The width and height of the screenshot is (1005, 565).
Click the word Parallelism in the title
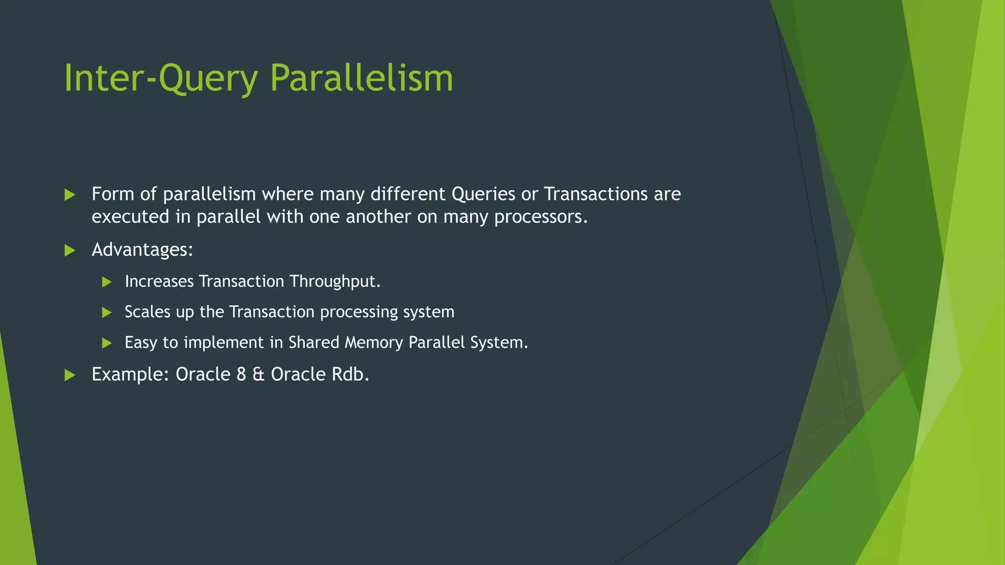point(361,78)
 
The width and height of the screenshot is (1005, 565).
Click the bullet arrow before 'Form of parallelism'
point(70,195)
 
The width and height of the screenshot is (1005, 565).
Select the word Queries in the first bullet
point(483,194)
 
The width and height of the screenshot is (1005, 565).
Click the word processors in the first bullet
point(540,217)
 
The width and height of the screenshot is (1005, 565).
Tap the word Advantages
point(142,250)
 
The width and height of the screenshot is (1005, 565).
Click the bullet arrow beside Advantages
point(70,251)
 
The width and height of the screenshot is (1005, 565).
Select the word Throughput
point(334,282)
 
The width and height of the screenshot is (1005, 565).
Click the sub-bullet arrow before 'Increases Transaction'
point(106,282)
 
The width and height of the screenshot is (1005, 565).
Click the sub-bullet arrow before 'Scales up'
point(106,312)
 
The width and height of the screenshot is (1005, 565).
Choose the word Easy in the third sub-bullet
point(141,342)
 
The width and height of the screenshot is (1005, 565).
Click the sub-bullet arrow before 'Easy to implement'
point(106,343)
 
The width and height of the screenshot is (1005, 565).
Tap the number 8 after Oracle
point(241,374)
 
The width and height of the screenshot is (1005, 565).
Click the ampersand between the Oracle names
point(258,374)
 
